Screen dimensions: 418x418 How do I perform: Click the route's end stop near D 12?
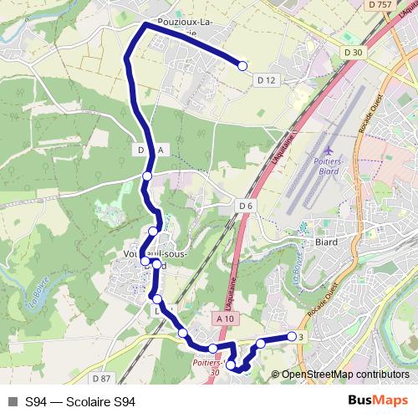243,66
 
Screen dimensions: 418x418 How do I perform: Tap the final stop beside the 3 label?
292,336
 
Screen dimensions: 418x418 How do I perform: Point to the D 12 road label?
267,79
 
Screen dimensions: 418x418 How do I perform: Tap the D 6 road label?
245,206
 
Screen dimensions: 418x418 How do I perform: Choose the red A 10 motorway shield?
223,319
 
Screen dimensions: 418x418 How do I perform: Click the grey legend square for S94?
13,401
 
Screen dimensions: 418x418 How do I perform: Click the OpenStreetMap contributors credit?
344,375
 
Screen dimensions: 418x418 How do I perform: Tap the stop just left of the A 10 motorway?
213,348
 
